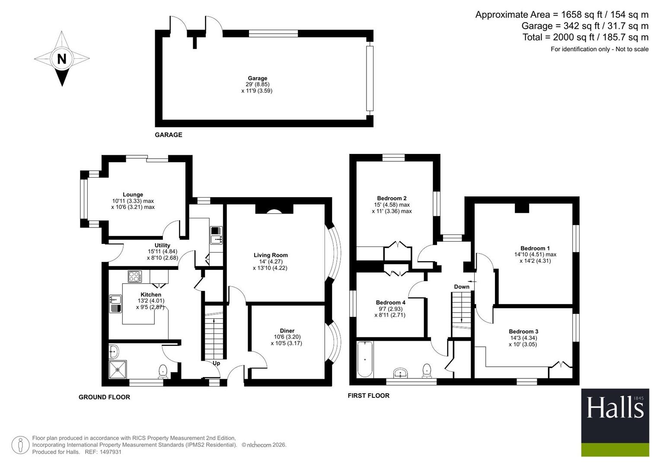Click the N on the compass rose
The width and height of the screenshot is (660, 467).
(61, 59)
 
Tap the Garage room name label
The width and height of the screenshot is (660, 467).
(257, 78)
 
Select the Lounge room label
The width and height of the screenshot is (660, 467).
(133, 195)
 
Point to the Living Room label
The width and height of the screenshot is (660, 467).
(271, 255)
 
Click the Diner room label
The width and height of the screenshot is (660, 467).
(287, 331)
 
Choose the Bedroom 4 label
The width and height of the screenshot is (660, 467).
(390, 303)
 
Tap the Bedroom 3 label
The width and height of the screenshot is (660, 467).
(523, 331)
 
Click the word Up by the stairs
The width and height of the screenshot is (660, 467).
(216, 363)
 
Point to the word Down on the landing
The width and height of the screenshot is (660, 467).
(462, 287)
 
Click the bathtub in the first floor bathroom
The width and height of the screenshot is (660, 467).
(365, 359)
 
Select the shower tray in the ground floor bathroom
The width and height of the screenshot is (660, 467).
(118, 369)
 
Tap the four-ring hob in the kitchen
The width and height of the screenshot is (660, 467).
(135, 277)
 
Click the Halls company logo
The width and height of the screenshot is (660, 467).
(615, 423)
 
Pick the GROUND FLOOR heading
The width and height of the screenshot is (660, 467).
(104, 397)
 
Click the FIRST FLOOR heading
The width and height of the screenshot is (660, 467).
(369, 396)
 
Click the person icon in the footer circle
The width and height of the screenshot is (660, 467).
(20, 445)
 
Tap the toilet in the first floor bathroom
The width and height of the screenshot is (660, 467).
(427, 371)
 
